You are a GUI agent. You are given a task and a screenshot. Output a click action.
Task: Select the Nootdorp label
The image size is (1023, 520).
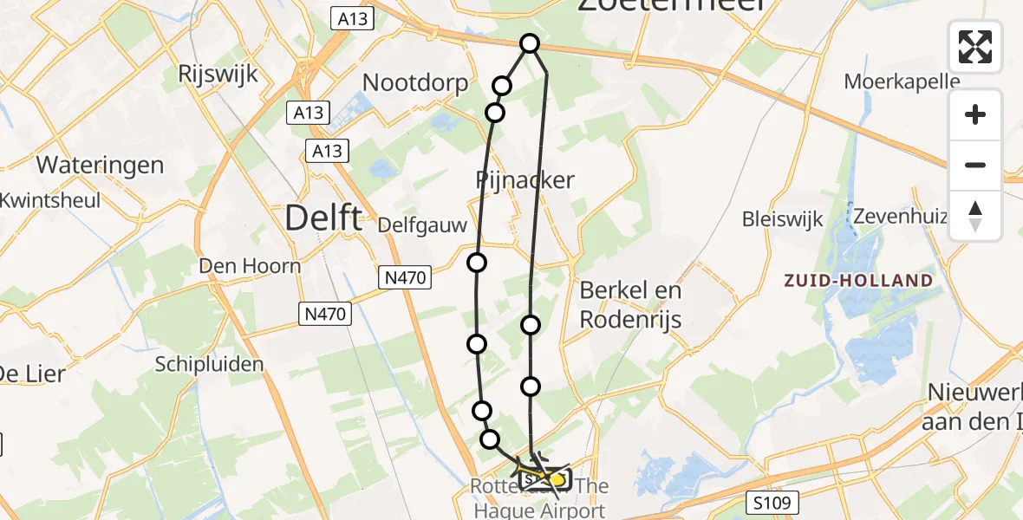415,83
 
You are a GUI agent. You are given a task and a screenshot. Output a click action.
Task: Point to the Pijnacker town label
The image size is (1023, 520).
525,180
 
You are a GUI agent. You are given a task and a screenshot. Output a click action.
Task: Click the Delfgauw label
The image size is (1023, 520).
422,225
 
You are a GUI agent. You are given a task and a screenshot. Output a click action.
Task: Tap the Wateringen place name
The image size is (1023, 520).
100,165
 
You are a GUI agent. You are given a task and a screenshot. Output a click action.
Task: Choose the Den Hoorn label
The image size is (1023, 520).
250,265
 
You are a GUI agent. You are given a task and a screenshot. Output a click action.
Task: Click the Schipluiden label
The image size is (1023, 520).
209,364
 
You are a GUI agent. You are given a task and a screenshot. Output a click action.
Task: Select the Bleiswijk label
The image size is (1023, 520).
781,218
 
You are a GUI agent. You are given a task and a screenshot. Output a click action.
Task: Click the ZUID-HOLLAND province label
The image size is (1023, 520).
858,281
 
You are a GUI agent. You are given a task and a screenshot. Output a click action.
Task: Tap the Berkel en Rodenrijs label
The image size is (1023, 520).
630,305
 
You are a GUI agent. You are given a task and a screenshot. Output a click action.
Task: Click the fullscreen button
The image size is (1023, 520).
975,46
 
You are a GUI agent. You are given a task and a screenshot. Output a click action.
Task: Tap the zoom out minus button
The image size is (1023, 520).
975,165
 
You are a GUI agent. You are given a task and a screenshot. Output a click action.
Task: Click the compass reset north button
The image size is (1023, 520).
975,216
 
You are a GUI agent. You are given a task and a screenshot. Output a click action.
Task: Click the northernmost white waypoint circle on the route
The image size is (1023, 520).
529,43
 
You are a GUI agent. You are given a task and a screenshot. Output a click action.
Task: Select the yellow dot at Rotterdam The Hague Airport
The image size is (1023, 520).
557,478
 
